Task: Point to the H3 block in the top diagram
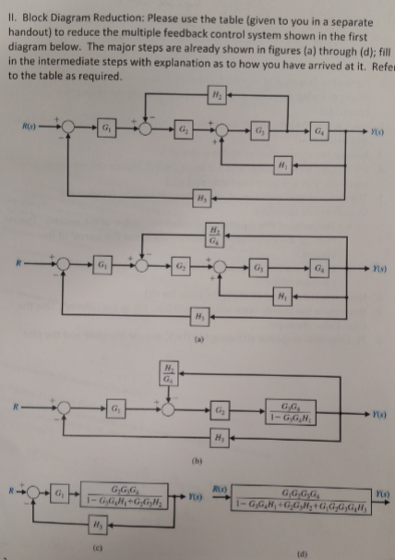(x=202, y=198)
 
